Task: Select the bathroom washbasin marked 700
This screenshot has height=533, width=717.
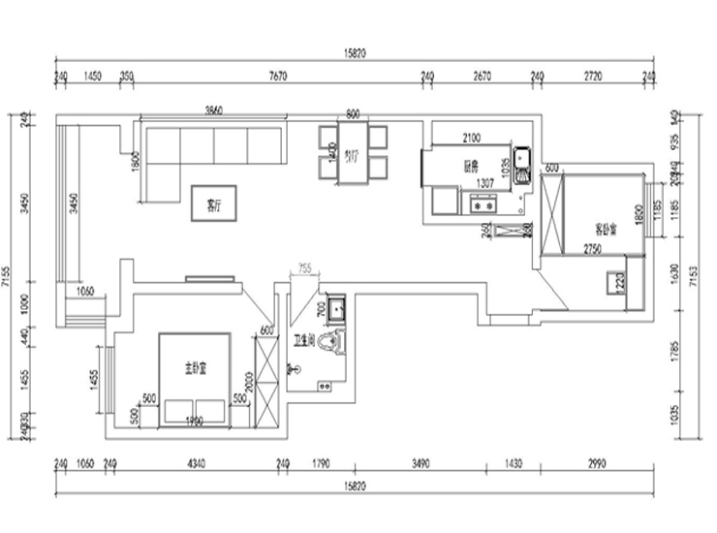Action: (x=335, y=308)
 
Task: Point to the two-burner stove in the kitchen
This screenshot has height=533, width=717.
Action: (x=482, y=204)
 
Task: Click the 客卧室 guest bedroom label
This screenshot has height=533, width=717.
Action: (x=606, y=230)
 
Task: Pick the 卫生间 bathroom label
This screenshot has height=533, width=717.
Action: (x=304, y=340)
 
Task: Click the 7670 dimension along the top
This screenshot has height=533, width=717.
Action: (x=276, y=74)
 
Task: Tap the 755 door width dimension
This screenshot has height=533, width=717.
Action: (x=303, y=266)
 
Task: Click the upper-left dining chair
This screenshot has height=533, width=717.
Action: (x=327, y=137)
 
